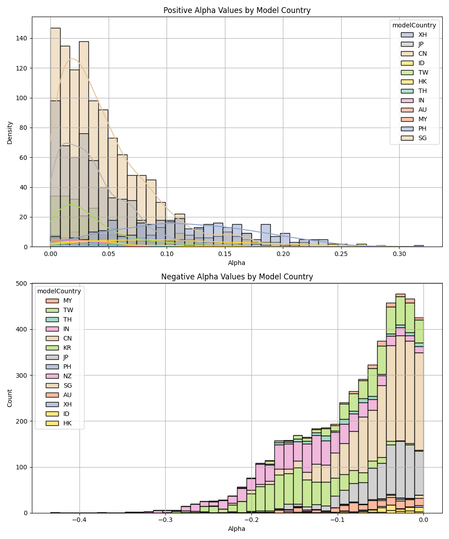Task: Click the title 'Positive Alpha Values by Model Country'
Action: tap(237, 10)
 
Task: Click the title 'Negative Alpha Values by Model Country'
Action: tap(237, 277)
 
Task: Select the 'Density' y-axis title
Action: tap(10, 132)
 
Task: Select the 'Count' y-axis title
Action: tap(10, 398)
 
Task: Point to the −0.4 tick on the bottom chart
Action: tap(79, 520)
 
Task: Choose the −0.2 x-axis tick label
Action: tap(251, 520)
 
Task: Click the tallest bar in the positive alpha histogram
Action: tap(55, 135)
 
